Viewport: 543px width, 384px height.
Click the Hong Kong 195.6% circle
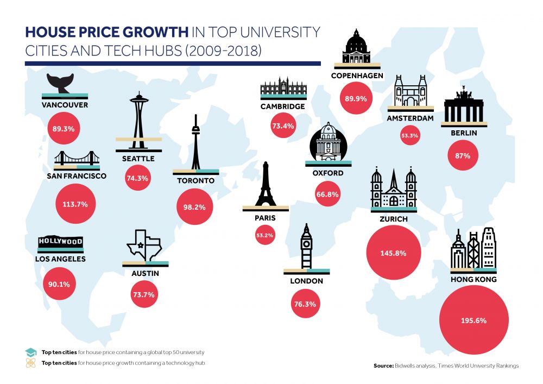473,320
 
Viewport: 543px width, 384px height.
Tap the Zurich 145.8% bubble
394,253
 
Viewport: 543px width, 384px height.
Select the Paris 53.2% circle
267,236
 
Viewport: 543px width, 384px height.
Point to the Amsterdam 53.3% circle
409,135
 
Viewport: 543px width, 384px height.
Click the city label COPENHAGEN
357,75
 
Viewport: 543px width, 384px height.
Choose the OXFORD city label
328,173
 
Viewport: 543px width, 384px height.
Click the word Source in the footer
383,366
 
